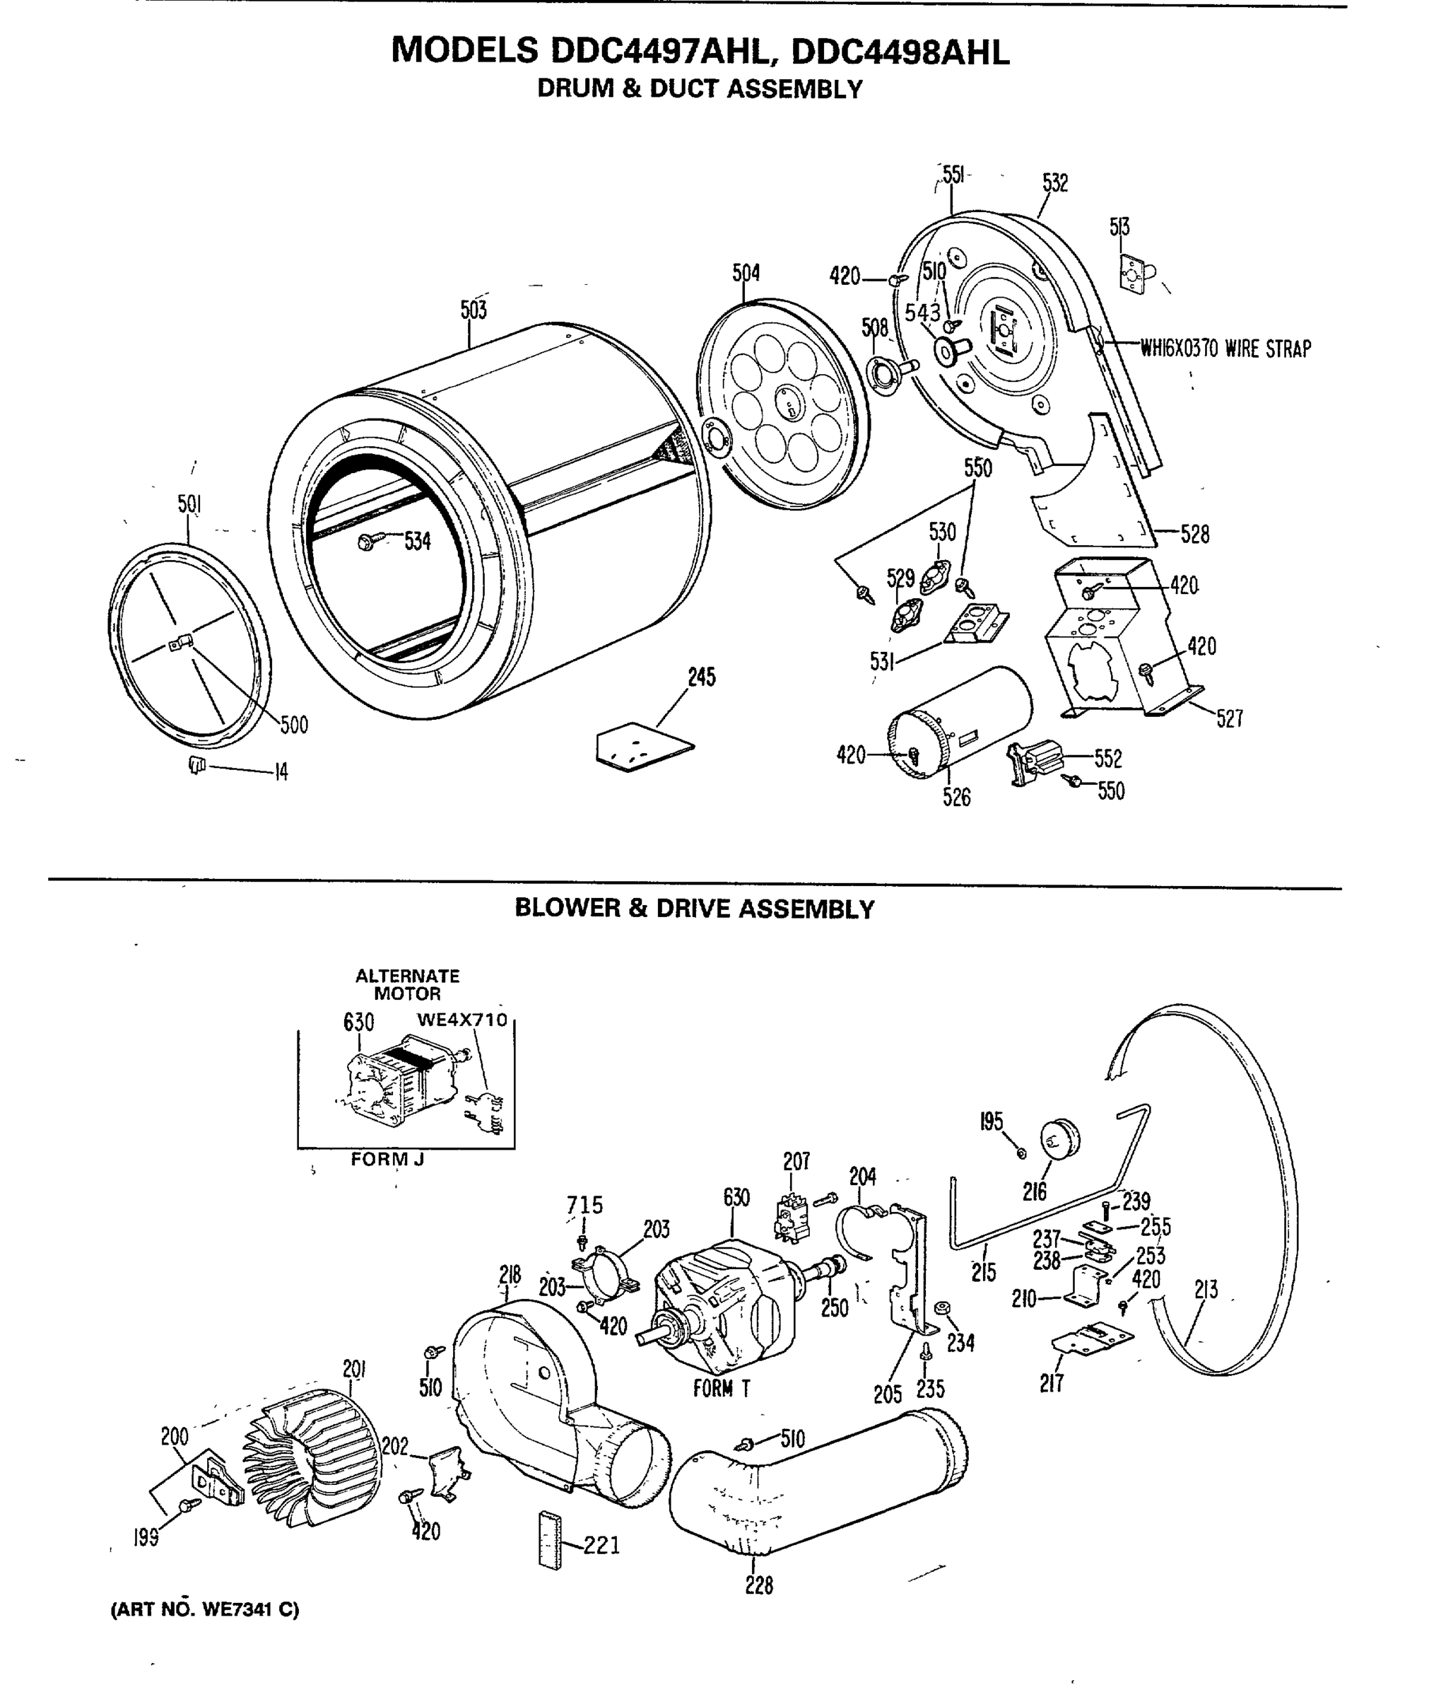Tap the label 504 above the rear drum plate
click(x=746, y=273)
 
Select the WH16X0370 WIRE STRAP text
click(x=1225, y=349)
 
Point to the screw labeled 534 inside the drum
click(x=366, y=542)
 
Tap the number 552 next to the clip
click(x=1108, y=759)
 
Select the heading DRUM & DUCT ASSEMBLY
click(x=700, y=89)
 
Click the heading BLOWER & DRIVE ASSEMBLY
click(x=694, y=909)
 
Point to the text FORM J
click(x=387, y=1160)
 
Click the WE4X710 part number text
click(x=461, y=1020)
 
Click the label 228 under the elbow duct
click(x=759, y=1585)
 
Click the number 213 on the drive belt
click(x=1206, y=1289)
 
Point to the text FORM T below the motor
click(x=721, y=1389)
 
